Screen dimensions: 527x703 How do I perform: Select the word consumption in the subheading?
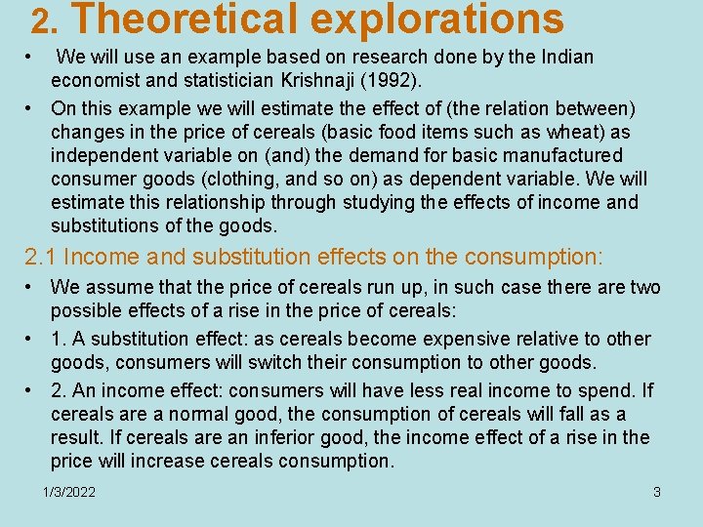tap(533, 258)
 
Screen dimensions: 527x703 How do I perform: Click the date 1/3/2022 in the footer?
tap(69, 492)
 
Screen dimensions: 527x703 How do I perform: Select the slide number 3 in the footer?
tap(657, 492)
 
